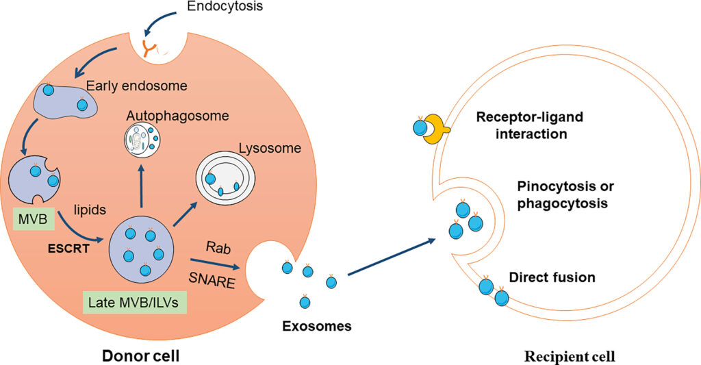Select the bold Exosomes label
tap(317, 326)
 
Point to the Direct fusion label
tap(552, 278)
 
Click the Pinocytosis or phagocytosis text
tap(558, 195)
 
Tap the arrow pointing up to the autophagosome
tap(142, 185)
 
